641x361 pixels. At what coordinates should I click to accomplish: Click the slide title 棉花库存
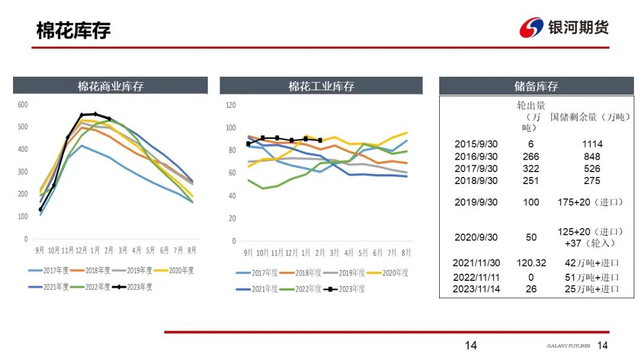[73, 30]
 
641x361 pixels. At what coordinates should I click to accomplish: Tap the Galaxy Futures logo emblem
[531, 27]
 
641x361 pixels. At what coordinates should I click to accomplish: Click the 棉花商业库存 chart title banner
[110, 86]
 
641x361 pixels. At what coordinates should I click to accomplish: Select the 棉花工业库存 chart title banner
[321, 86]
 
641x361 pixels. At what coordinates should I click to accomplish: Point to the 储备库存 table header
[536, 86]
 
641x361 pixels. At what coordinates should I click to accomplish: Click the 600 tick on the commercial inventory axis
[23, 104]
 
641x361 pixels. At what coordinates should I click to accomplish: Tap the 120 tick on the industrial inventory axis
[231, 105]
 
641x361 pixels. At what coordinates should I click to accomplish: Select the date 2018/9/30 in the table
[476, 180]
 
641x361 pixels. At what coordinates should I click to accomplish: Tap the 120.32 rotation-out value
[531, 263]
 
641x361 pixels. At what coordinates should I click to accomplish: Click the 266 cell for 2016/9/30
[531, 157]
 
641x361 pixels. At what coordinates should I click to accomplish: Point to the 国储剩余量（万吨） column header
[590, 117]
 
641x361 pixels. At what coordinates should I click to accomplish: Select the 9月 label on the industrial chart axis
[249, 253]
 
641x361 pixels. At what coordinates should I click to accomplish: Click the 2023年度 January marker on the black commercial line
[95, 113]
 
